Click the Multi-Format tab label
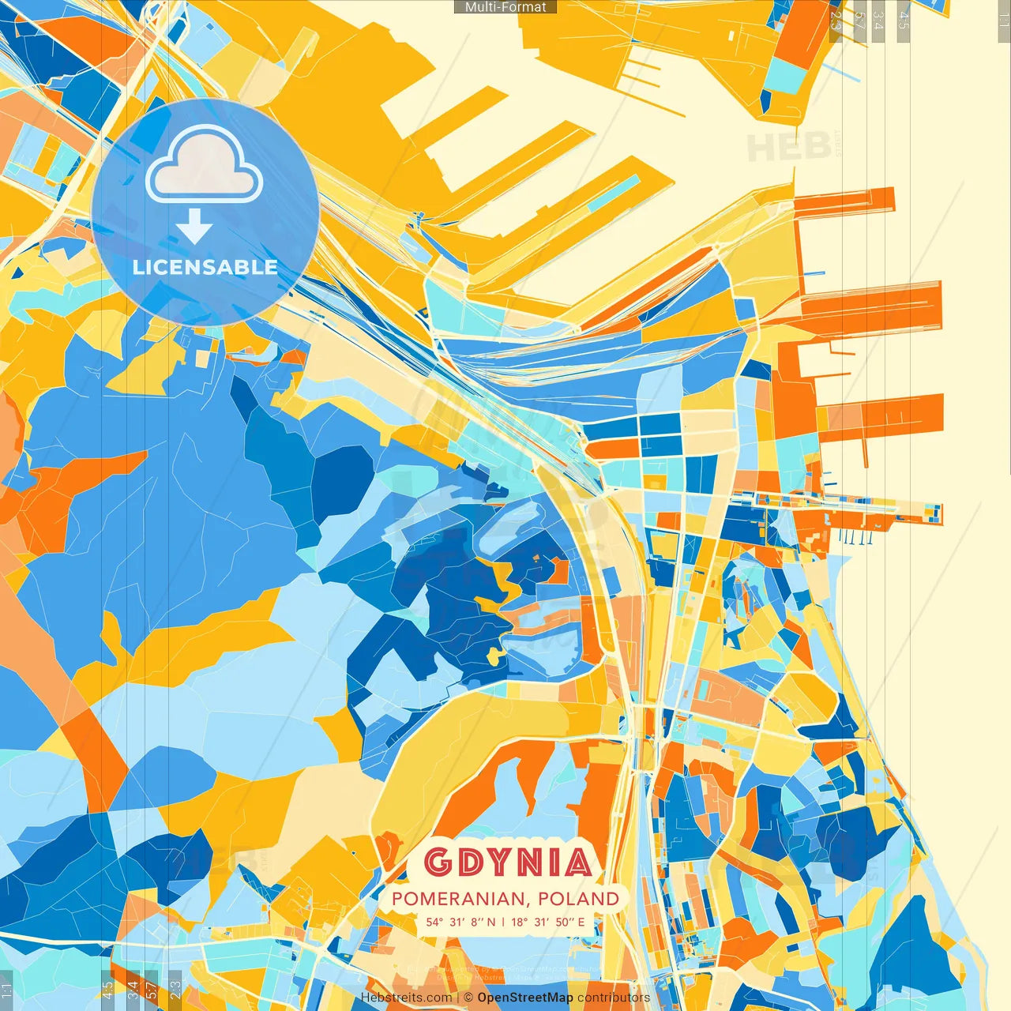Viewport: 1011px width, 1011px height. click(505, 7)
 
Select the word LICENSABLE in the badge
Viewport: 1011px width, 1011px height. click(205, 267)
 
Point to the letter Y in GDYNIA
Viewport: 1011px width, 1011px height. click(507, 863)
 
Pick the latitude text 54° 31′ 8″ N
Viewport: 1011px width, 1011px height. click(461, 922)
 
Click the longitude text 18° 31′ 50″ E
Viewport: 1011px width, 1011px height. click(548, 922)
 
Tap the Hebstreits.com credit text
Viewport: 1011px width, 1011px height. click(406, 998)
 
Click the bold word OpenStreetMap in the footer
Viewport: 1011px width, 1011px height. click(525, 998)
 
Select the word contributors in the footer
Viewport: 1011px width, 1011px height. click(614, 998)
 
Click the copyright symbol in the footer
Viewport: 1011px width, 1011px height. click(468, 998)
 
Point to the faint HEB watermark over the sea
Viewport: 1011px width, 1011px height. click(788, 147)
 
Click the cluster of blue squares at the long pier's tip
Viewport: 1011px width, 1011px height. click(934, 513)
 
